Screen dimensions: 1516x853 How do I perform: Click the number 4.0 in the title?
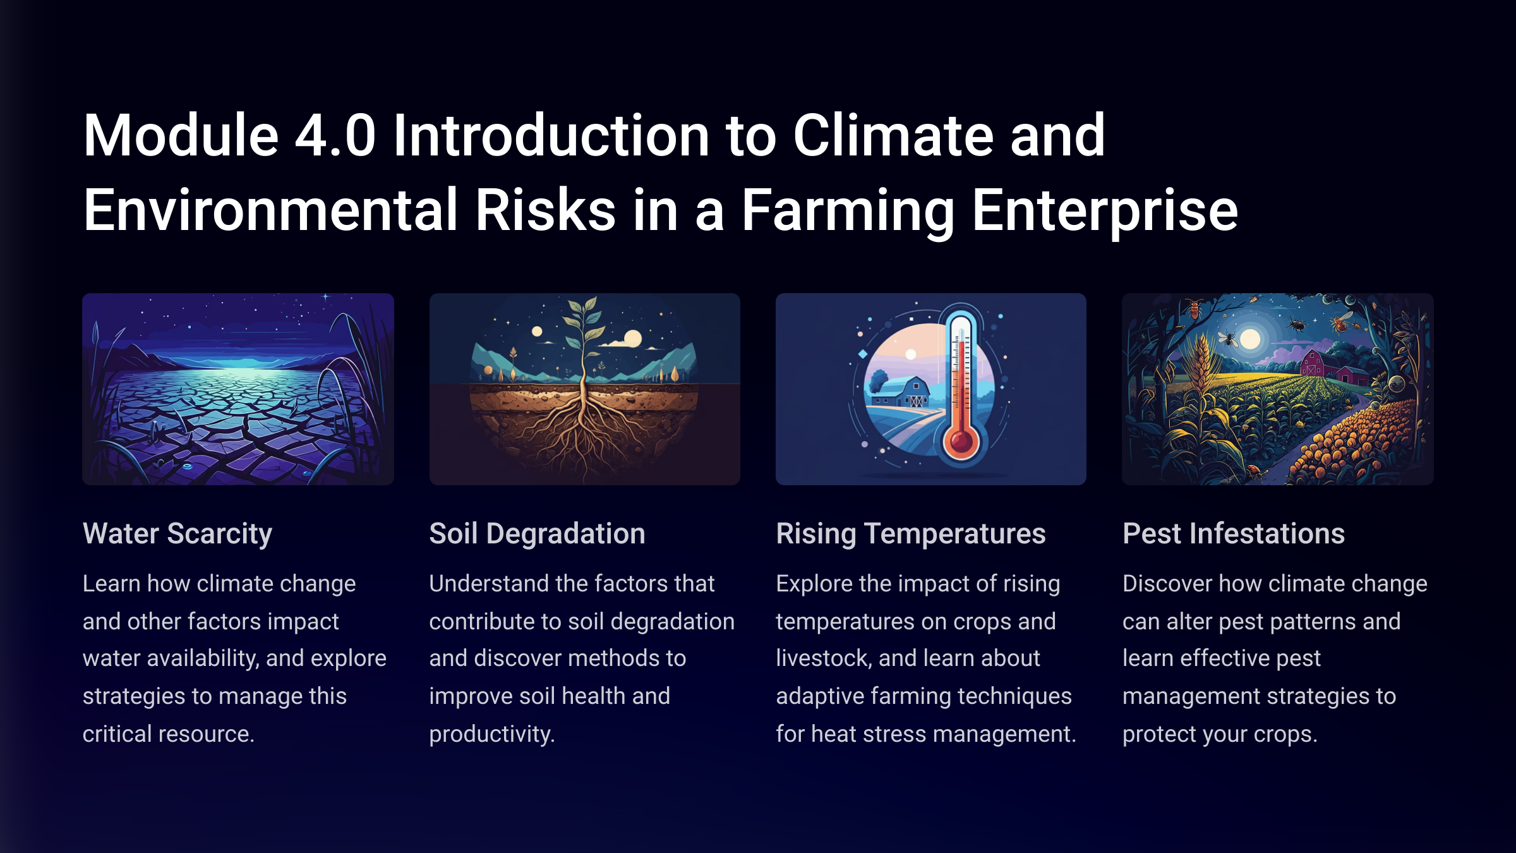[335, 135]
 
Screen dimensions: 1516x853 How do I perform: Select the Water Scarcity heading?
[177, 534]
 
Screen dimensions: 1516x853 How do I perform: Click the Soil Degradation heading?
[537, 533]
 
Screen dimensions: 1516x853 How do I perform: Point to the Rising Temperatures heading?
[911, 534]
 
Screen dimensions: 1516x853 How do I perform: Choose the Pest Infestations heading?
[1234, 533]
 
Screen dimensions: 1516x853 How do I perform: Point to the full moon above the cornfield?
[1250, 339]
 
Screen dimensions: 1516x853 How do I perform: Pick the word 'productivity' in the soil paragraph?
[491, 735]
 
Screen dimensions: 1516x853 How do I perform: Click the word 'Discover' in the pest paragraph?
[1167, 584]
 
